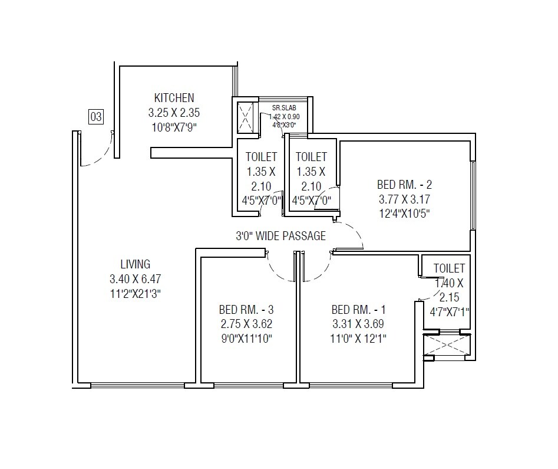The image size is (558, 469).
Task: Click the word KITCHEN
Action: [174, 98]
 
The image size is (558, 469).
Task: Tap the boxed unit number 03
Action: [96, 117]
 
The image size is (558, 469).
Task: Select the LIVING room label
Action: [136, 264]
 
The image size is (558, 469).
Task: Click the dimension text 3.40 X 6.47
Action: [136, 278]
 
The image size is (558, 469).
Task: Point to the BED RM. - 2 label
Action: [404, 185]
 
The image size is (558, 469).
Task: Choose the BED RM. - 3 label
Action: [246, 310]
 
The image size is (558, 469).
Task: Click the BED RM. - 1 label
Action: [358, 310]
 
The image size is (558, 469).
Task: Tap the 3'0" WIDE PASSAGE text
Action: [280, 237]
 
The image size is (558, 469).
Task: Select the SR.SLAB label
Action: [284, 108]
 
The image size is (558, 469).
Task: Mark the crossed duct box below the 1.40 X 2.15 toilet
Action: [448, 346]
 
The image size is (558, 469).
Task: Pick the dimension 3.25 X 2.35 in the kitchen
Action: [174, 112]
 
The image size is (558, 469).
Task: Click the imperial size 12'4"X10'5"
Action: [404, 214]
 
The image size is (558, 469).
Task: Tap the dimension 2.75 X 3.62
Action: [246, 324]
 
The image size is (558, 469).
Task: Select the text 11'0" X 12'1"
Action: [358, 338]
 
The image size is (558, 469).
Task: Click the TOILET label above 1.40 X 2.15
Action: [449, 269]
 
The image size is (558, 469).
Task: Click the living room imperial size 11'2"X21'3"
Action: [136, 293]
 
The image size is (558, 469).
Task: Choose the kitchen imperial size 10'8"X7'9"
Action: [174, 126]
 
